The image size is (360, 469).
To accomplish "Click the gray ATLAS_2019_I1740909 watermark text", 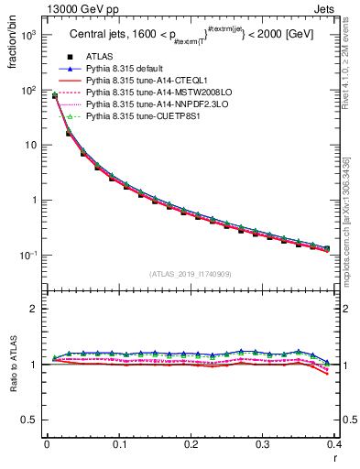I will tap(191, 274).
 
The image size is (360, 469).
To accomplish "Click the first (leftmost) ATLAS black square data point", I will tap(55, 96).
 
